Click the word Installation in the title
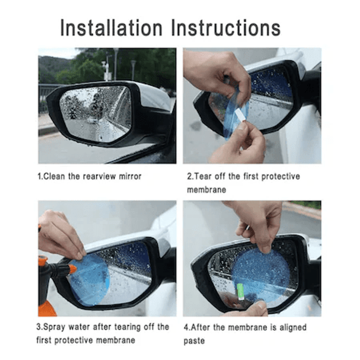[111, 28]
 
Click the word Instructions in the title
[226, 28]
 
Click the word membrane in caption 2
[207, 190]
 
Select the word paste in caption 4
[194, 341]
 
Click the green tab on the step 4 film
[240, 291]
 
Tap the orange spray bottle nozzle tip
[73, 269]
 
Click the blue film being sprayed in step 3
[89, 279]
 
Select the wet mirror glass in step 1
[96, 113]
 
